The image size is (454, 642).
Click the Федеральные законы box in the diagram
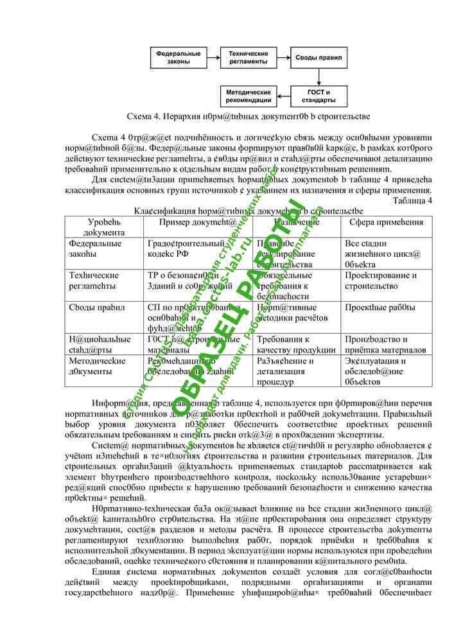point(177,58)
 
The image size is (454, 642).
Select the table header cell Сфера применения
point(386,222)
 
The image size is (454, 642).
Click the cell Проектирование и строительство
point(380,281)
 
